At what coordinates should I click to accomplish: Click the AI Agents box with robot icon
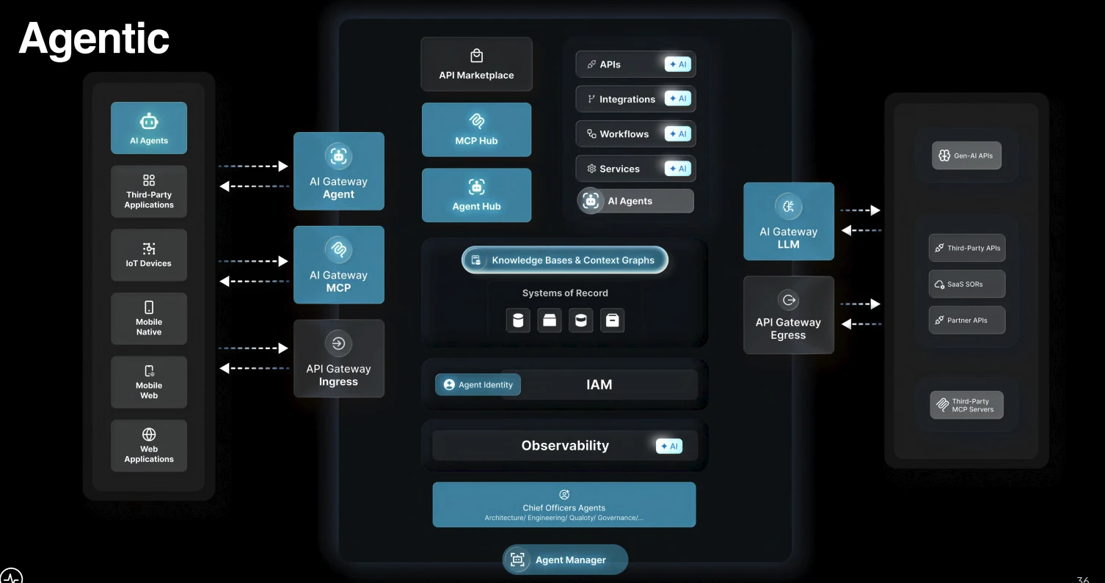click(148, 128)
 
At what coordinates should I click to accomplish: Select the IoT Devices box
click(148, 255)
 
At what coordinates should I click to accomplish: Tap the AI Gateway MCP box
click(338, 265)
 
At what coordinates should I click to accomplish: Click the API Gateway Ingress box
click(338, 359)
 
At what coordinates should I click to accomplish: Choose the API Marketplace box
click(476, 64)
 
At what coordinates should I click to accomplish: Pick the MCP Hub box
click(476, 130)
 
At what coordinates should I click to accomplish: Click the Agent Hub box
click(476, 195)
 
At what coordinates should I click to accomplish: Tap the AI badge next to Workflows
click(678, 133)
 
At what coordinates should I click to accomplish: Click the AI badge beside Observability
click(669, 446)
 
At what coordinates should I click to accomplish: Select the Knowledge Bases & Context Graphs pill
click(565, 260)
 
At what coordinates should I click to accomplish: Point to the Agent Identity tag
click(478, 385)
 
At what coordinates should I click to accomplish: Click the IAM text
click(599, 385)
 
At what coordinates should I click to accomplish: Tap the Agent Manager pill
click(565, 560)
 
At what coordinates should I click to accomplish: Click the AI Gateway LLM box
click(789, 221)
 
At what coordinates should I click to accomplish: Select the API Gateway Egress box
click(789, 315)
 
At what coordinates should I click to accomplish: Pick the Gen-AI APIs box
click(966, 155)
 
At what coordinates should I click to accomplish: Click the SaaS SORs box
click(967, 284)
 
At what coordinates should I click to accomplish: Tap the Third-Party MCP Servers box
click(967, 405)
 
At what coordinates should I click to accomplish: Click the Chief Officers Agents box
click(564, 505)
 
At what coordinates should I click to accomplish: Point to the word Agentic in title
click(94, 40)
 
